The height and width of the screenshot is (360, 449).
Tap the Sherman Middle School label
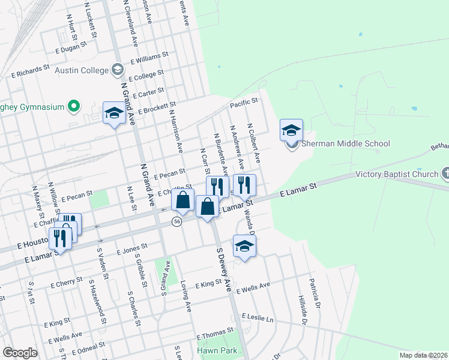coord(345,143)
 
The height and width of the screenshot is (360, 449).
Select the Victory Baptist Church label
coord(397,175)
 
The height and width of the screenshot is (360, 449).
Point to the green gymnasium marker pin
coord(74,107)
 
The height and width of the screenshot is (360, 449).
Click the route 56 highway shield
coord(176,221)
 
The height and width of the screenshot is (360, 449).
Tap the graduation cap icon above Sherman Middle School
coord(291,130)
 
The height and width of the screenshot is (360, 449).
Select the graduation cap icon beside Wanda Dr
coord(244,246)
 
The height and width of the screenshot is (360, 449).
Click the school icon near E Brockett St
coord(114,113)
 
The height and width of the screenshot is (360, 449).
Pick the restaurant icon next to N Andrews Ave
coord(244,185)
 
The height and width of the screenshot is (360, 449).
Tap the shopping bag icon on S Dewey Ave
coord(207,206)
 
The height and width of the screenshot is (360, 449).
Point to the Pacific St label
coord(244,104)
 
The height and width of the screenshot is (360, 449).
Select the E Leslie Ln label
coord(257,316)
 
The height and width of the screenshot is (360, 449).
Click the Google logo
coord(20,353)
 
